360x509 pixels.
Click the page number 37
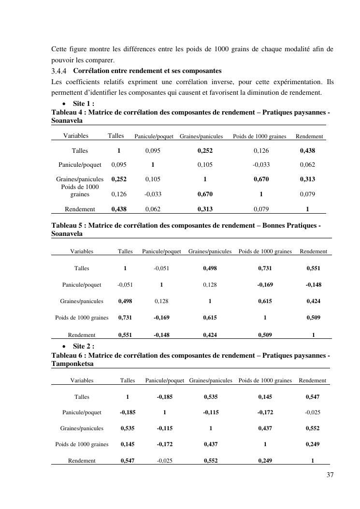pos(330,475)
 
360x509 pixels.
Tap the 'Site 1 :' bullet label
pos(83,104)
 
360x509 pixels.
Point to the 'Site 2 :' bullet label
pos(83,347)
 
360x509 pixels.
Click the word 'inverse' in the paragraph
pos(219,81)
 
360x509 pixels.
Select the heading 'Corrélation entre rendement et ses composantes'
pos(147,71)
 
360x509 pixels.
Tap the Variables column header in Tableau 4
pos(76,136)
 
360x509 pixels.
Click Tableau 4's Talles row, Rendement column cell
pos(307,151)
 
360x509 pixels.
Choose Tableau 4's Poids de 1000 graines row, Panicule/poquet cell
pos(153,194)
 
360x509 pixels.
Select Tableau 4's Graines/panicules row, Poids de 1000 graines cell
pos(261,179)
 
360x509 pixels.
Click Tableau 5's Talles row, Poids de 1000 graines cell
pos(265,268)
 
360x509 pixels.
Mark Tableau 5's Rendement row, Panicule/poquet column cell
pos(161,335)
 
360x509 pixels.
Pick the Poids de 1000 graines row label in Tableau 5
pos(82,318)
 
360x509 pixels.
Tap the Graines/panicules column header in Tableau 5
pos(210,251)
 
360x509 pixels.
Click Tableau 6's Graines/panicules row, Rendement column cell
pos(312,428)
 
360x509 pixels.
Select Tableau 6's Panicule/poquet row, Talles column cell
pos(128,413)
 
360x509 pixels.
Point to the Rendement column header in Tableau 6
pos(312,381)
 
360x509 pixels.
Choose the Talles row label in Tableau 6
pos(82,397)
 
